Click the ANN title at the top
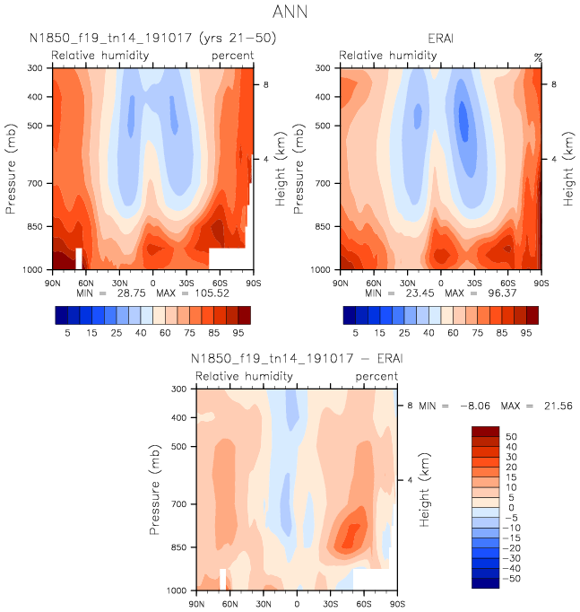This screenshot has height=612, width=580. (x=289, y=13)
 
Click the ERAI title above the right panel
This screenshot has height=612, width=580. (x=441, y=39)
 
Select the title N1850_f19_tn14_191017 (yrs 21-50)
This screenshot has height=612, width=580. (x=151, y=39)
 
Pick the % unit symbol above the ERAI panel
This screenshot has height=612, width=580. (x=538, y=57)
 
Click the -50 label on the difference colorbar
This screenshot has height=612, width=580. (x=512, y=579)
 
